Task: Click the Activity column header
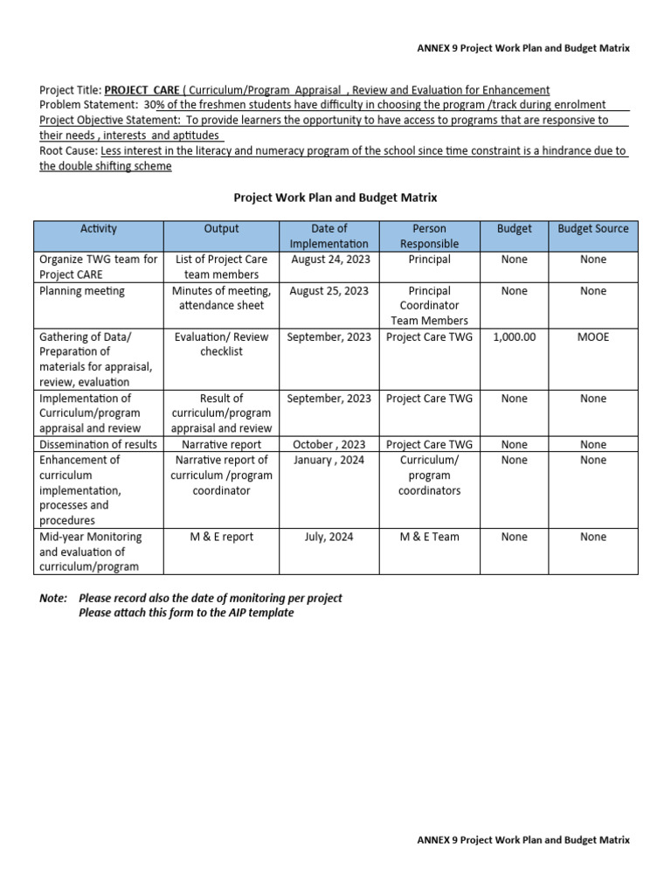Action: coord(98,229)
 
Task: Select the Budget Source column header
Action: coord(592,229)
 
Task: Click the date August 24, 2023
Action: coord(329,260)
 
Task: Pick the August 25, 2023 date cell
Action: coord(329,291)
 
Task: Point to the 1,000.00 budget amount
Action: coord(514,336)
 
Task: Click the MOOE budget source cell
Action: coord(592,336)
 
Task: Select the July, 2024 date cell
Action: coord(329,537)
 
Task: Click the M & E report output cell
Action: coord(221,537)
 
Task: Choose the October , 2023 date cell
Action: coord(329,445)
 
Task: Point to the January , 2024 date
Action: coord(329,460)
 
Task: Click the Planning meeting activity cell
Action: coord(82,291)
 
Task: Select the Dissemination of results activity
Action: coord(98,445)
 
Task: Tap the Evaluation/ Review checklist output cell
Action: coord(221,344)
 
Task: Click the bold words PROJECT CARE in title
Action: coord(142,90)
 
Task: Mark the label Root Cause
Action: coord(69,150)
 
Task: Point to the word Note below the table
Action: coord(53,598)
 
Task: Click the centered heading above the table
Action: coord(335,198)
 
